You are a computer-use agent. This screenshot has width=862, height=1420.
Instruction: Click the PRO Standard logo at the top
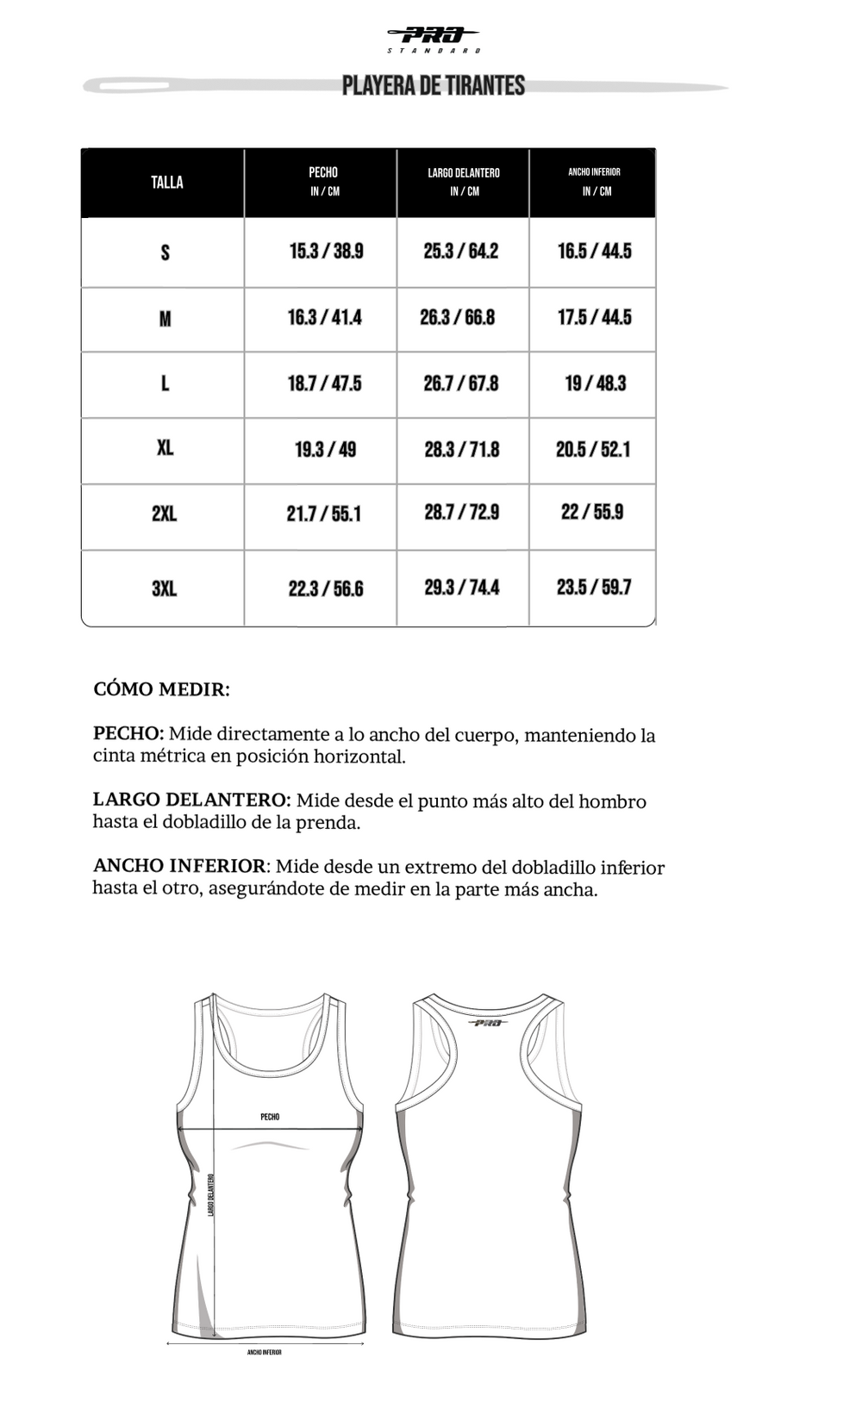click(x=434, y=39)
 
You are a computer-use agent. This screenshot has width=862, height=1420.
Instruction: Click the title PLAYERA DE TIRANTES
click(x=434, y=85)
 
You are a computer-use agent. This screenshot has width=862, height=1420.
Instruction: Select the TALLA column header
click(x=166, y=182)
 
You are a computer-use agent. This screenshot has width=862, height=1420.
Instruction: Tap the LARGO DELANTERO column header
click(x=464, y=182)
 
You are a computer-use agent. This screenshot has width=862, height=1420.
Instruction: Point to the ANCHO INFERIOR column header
click(x=594, y=181)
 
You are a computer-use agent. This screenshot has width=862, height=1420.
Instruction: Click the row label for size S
click(x=165, y=252)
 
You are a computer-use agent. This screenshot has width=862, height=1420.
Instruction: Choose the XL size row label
click(x=165, y=448)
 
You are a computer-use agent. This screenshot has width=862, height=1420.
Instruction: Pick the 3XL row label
click(x=164, y=589)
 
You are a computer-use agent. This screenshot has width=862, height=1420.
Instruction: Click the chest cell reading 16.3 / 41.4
click(x=324, y=317)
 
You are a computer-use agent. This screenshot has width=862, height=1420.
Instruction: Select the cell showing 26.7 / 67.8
click(x=461, y=383)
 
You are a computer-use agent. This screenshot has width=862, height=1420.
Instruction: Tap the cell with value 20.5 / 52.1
click(x=593, y=449)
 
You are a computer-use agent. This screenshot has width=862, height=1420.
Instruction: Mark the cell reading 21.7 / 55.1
click(x=324, y=514)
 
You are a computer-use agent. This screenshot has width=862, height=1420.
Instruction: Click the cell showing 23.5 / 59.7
click(x=594, y=587)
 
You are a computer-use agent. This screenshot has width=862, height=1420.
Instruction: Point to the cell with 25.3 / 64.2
click(x=461, y=251)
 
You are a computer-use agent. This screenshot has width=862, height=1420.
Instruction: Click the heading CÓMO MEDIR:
click(x=161, y=689)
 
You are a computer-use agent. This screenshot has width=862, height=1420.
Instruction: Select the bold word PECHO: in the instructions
click(x=128, y=734)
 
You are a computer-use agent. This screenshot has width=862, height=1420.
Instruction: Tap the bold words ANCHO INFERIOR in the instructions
click(x=179, y=866)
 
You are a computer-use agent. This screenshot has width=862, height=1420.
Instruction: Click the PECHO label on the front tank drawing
click(x=270, y=1117)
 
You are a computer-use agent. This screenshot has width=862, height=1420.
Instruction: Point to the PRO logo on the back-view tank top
click(x=488, y=1023)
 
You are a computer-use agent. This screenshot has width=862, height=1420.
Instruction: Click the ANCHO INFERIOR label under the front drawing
click(x=265, y=1353)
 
